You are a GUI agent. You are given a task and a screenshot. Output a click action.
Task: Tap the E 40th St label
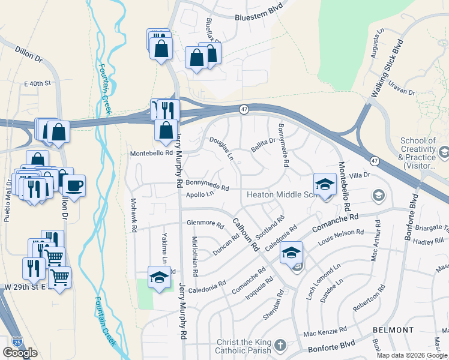39,83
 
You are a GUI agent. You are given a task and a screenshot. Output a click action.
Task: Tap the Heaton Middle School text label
279,195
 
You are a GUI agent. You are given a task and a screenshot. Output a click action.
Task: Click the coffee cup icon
74,185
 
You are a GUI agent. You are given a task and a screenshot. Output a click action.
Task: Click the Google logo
20,353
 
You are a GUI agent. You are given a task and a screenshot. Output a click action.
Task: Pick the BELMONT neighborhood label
393,330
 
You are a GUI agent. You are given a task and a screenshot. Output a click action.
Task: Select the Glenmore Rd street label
205,223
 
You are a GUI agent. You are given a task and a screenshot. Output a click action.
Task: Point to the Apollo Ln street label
200,194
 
